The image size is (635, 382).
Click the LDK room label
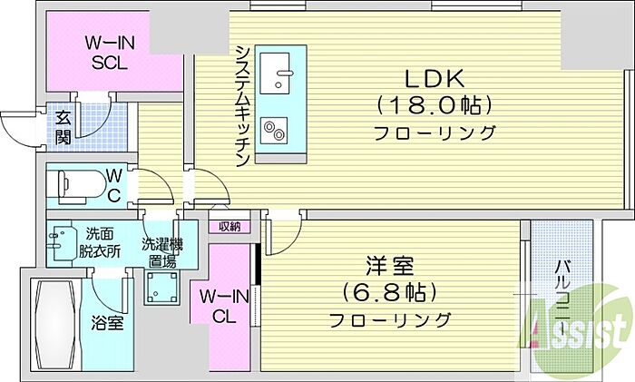435,80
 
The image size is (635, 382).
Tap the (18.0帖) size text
435,106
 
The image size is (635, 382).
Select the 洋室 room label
390,268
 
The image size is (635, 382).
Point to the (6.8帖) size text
390,293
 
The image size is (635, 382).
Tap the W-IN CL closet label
220,306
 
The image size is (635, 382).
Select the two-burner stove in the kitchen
273,131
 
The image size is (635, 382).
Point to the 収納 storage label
230,226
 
